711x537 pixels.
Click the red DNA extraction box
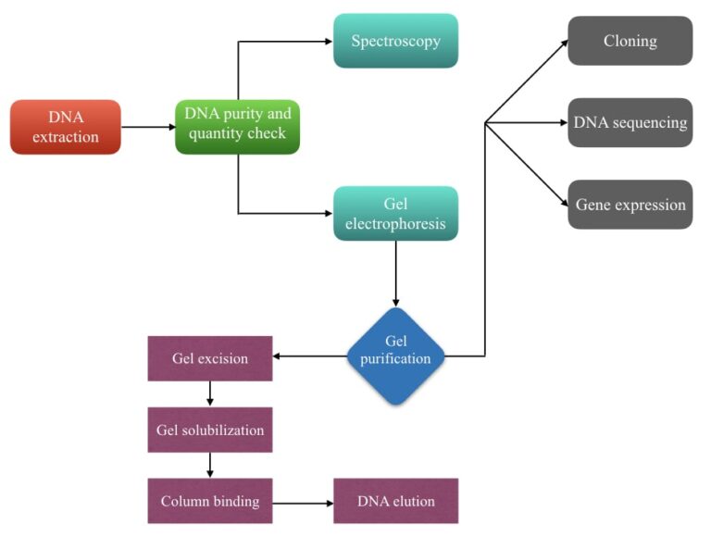pyautogui.click(x=66, y=127)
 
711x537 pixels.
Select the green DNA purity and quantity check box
pyautogui.click(x=237, y=127)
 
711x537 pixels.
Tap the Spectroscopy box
pyautogui.click(x=395, y=41)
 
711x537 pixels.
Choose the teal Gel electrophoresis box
pyautogui.click(x=395, y=213)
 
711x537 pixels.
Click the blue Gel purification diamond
pyautogui.click(x=396, y=356)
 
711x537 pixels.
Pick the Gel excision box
pyautogui.click(x=210, y=358)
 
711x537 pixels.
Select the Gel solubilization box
pyautogui.click(x=210, y=430)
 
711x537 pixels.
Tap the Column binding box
pyautogui.click(x=210, y=501)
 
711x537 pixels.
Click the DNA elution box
pyautogui.click(x=395, y=501)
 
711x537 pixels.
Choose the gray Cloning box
pyautogui.click(x=630, y=41)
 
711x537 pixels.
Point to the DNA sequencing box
pyautogui.click(x=630, y=122)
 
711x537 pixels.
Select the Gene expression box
pyautogui.click(x=630, y=205)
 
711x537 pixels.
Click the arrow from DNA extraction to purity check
pyautogui.click(x=148, y=127)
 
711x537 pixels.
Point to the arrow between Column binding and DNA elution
pyautogui.click(x=303, y=502)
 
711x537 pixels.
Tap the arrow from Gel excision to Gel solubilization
pyautogui.click(x=210, y=393)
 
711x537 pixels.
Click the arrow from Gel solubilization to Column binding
pyautogui.click(x=210, y=465)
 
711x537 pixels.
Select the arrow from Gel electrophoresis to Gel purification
pyautogui.click(x=396, y=273)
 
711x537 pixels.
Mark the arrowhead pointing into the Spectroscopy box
pyautogui.click(x=328, y=42)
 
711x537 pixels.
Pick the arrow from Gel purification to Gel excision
pyautogui.click(x=310, y=356)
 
